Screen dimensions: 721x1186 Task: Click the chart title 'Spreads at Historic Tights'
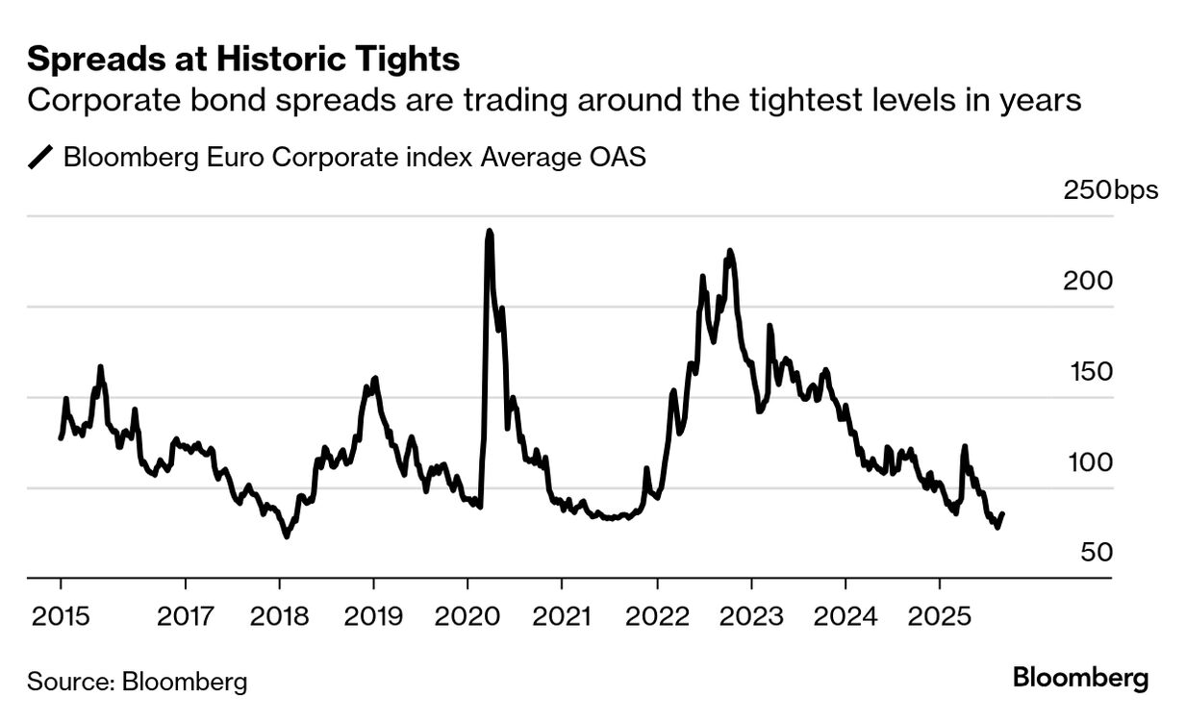coord(243,60)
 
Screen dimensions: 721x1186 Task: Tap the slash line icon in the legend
coord(41,157)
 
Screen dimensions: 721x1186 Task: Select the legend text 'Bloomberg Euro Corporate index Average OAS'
coord(354,157)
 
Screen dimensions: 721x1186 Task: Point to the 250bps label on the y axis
coord(1110,189)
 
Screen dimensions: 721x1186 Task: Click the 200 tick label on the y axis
coord(1088,281)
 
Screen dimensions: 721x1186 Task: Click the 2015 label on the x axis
coord(61,616)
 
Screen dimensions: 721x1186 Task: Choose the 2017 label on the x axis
coord(185,616)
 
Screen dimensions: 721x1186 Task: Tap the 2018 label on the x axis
coord(279,616)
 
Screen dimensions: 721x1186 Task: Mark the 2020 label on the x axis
coord(467,616)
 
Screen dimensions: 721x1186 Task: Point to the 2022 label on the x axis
coord(656,616)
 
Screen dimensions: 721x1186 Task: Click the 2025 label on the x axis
coord(938,616)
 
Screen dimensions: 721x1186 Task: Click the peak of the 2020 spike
coord(490,232)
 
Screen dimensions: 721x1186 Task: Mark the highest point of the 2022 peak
coord(730,251)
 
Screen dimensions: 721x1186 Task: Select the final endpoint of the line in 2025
coord(1002,513)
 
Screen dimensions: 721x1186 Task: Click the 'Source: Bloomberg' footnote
coord(137,682)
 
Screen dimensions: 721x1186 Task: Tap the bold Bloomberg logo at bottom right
coord(1080,678)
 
